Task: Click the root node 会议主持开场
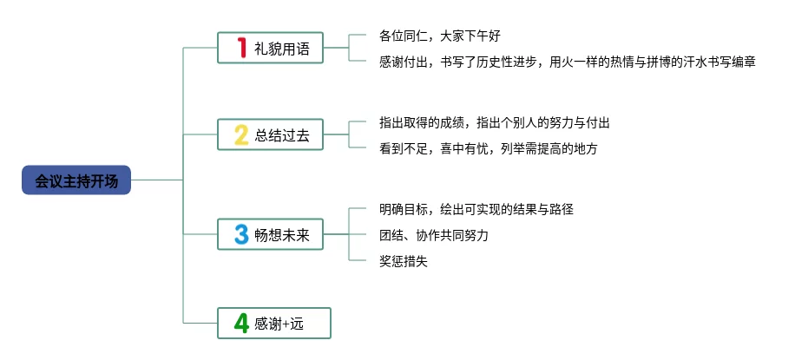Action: (76, 180)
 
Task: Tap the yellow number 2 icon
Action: (241, 134)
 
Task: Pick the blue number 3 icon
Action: (241, 234)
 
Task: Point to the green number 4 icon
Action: (241, 324)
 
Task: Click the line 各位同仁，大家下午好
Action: (440, 36)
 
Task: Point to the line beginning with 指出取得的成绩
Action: (501, 123)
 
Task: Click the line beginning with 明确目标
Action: (476, 209)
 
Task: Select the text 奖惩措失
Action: (404, 260)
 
